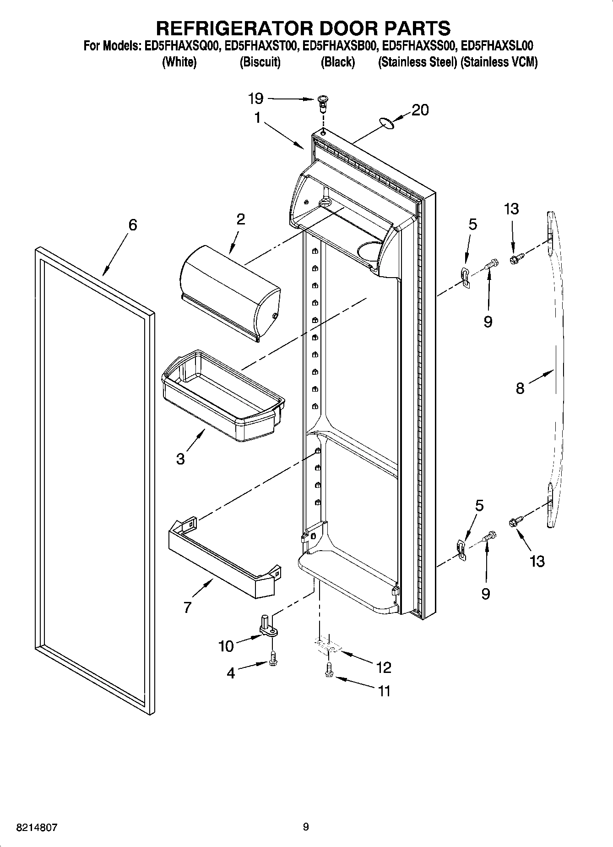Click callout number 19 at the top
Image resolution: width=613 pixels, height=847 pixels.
[256, 98]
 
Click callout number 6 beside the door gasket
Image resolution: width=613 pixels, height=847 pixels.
[132, 225]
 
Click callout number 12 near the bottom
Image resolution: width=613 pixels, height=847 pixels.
[384, 667]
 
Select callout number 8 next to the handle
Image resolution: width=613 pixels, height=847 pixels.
[520, 388]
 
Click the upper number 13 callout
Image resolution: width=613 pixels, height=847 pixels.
[511, 209]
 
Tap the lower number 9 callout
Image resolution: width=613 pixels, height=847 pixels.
[486, 594]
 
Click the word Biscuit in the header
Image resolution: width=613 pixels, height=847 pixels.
[260, 62]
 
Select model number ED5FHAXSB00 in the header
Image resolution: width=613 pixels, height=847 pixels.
[338, 46]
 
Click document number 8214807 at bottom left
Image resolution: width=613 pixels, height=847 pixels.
[37, 828]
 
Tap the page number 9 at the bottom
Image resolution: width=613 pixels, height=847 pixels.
[306, 827]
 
